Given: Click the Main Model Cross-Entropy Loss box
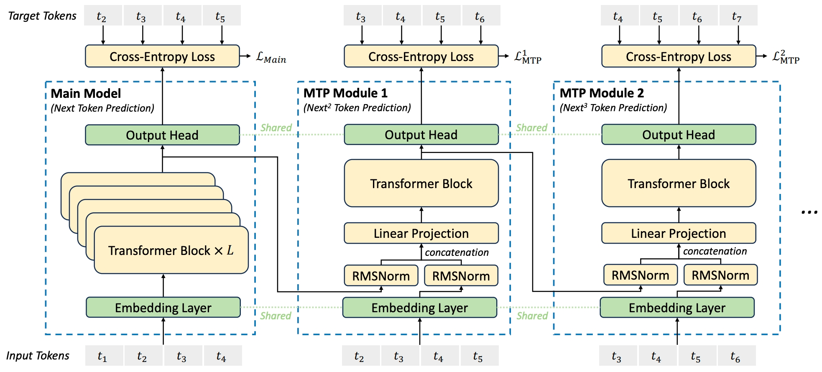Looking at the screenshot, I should tap(162, 56).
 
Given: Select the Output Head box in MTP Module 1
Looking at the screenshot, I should tap(421, 135).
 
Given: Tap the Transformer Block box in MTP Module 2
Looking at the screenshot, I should tap(678, 183).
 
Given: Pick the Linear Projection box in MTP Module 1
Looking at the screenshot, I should tap(421, 233).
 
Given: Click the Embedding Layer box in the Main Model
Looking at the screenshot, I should tap(163, 308).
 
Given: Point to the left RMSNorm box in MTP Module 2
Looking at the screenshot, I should tap(640, 275).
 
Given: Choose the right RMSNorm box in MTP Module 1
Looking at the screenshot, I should tap(461, 276).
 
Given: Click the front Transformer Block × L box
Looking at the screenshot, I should tap(171, 250).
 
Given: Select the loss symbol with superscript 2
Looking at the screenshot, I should tap(786, 57).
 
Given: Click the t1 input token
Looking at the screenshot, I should tap(102, 356).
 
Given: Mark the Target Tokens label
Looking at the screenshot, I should tap(42, 16).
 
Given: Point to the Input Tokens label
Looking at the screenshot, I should tap(38, 356).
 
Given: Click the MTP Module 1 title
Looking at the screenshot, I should tap(345, 93).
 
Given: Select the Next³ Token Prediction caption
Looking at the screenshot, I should tap(613, 108).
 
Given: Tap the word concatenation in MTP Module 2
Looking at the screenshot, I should tap(715, 251).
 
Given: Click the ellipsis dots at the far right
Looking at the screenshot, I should tap(809, 213).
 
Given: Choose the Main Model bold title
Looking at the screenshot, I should tap(86, 93).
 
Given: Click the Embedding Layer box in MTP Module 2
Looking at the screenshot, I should tap(677, 308).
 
